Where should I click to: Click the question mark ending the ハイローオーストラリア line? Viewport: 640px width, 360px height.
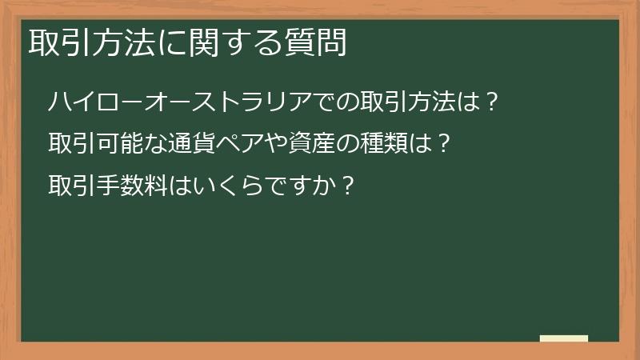(x=493, y=102)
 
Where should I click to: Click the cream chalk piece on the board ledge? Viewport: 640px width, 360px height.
(x=563, y=338)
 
